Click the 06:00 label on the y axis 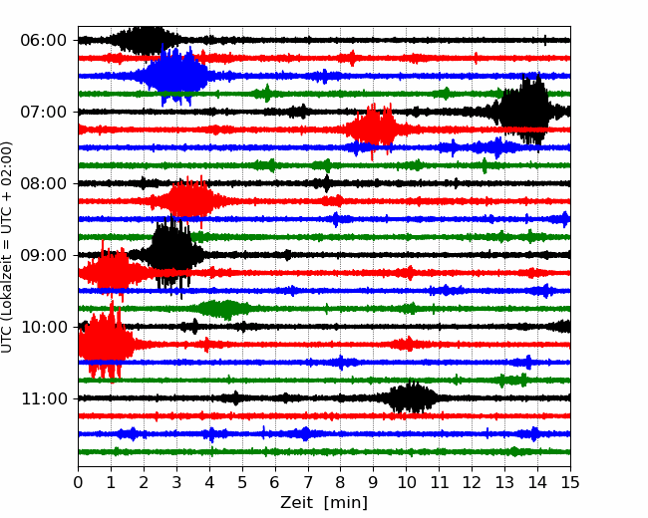[44, 41]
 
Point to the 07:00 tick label [44, 112]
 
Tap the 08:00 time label [44, 183]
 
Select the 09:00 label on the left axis [44, 255]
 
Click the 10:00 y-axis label [44, 327]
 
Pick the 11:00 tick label [44, 398]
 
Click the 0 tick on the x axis [78, 482]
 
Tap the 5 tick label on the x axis [242, 482]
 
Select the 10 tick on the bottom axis [406, 482]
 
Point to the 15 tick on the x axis [570, 482]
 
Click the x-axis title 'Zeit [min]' [324, 503]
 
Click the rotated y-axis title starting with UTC [6, 247]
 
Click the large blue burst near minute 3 [175, 75]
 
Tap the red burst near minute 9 [374, 129]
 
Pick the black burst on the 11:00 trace [411, 397]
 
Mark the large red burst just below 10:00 [106, 345]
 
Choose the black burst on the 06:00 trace [145, 40]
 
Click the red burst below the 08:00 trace [188, 201]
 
